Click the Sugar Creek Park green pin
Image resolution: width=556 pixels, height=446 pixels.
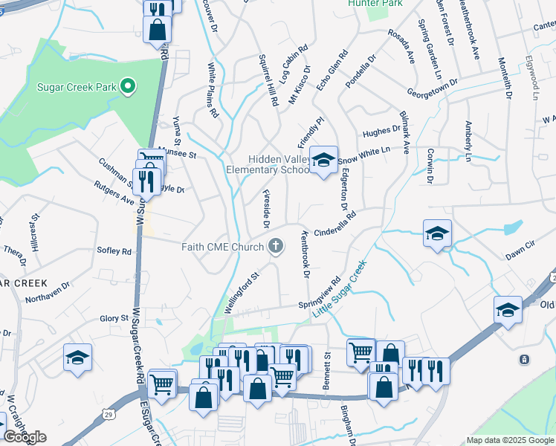(x=128, y=87)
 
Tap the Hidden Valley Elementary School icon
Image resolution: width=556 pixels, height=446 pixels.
(x=323, y=160)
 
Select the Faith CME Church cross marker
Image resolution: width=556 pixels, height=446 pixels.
(x=276, y=246)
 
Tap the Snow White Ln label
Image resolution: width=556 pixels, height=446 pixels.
(x=363, y=155)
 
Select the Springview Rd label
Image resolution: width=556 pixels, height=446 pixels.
(x=320, y=292)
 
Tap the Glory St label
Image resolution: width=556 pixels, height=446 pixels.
(x=114, y=318)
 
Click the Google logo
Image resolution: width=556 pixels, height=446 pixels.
(x=25, y=437)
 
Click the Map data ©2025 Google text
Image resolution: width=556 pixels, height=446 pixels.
(x=510, y=441)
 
